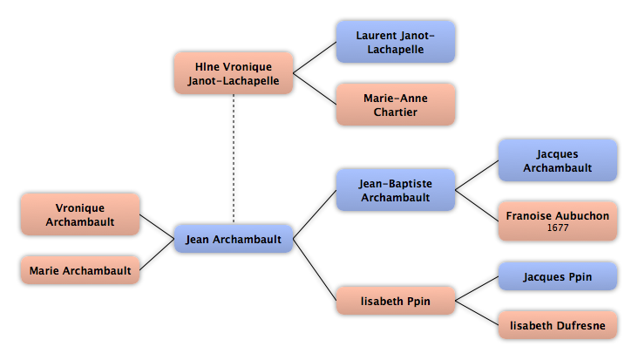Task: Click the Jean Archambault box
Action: pos(234,239)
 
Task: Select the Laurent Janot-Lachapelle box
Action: pos(396,42)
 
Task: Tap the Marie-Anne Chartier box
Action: pos(396,105)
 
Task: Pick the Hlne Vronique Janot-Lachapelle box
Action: pos(234,73)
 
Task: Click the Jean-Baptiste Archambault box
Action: pos(396,190)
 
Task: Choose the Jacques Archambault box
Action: pos(558,160)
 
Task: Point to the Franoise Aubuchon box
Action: pos(558,221)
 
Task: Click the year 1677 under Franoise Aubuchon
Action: pos(558,228)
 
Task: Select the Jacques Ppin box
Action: pos(558,276)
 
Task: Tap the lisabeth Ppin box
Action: pos(396,301)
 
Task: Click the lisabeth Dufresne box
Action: pos(558,325)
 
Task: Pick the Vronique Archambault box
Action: pos(80,214)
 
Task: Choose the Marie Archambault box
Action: pos(80,270)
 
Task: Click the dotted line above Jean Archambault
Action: pos(234,159)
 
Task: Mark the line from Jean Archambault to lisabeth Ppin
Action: pos(315,269)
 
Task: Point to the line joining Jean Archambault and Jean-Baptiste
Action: pos(315,214)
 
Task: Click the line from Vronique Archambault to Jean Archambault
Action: pos(157,227)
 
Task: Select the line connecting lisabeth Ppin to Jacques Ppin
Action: pos(477,289)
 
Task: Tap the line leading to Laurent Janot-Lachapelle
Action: pos(315,58)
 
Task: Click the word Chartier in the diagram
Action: pos(396,112)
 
